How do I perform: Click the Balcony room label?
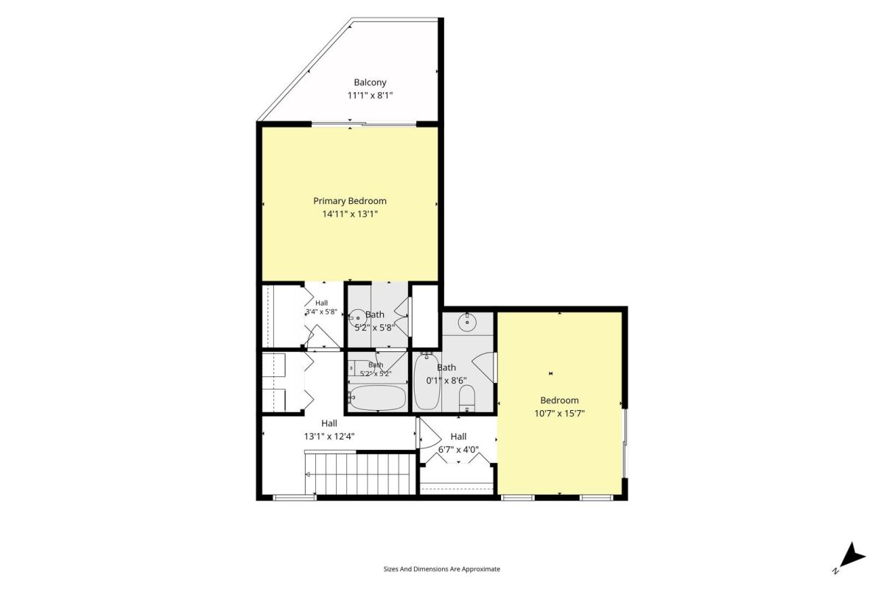370,82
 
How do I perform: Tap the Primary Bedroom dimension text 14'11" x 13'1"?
350,214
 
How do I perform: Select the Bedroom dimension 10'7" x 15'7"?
559,414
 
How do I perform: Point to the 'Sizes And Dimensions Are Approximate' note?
441,569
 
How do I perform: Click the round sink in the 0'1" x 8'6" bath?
467,322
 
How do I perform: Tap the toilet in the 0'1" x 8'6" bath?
467,398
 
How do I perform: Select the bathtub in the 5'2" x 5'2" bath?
378,398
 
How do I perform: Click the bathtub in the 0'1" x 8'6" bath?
427,382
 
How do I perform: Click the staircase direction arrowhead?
308,474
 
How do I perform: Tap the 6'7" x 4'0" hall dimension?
458,449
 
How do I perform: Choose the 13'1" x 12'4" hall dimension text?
329,437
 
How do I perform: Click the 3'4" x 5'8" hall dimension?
321,311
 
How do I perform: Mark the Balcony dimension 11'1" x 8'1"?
370,96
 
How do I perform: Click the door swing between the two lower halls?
429,433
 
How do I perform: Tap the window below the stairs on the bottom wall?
295,498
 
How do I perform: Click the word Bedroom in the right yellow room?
559,401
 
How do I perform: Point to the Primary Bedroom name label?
350,201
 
